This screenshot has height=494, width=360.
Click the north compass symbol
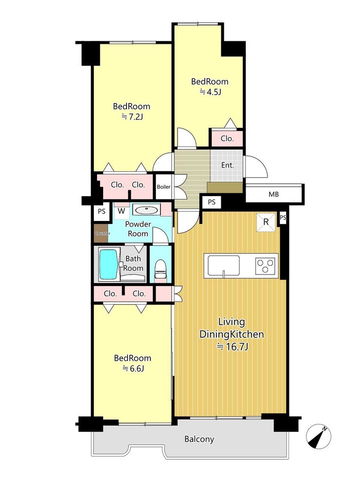pyautogui.click(x=319, y=437)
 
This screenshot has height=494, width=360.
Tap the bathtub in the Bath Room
pyautogui.click(x=109, y=264)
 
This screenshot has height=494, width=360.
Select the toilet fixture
pyautogui.click(x=161, y=269)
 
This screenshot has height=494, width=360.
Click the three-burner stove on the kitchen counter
pyautogui.click(x=265, y=266)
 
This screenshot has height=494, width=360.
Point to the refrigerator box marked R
pyautogui.click(x=266, y=222)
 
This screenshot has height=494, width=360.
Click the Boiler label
pyautogui.click(x=163, y=187)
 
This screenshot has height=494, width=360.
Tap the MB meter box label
pyautogui.click(x=273, y=194)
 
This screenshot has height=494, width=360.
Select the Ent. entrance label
pyautogui.click(x=227, y=165)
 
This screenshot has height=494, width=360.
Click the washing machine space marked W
pyautogui.click(x=121, y=211)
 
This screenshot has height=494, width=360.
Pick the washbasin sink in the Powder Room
pyautogui.click(x=146, y=209)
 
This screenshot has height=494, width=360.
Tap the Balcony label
pyautogui.click(x=199, y=439)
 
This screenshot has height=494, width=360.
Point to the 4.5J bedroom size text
pyautogui.click(x=211, y=92)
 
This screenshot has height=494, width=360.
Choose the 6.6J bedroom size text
pyautogui.click(x=133, y=368)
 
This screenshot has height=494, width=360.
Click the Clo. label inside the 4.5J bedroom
pyautogui.click(x=227, y=138)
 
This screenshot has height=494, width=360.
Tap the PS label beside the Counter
pyautogui.click(x=101, y=211)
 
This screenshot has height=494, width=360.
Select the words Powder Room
pyautogui.click(x=138, y=229)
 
